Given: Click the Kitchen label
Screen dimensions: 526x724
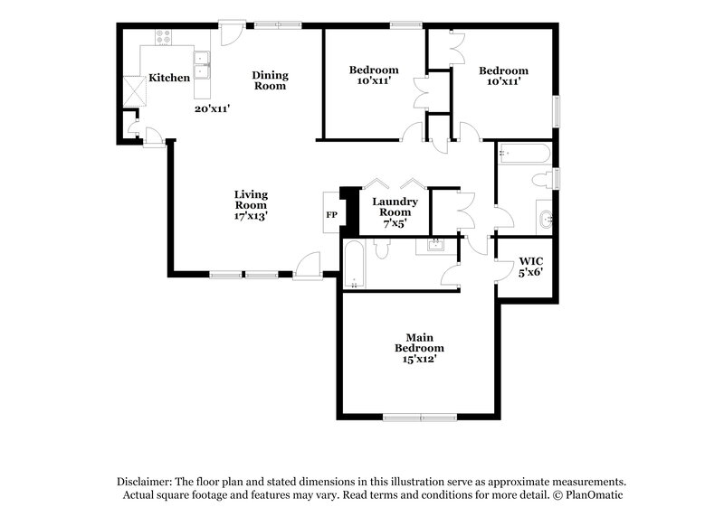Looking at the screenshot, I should pos(169,78).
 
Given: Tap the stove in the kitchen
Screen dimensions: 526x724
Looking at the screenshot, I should pos(164,38).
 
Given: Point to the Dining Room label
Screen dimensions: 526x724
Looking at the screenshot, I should pos(269,80).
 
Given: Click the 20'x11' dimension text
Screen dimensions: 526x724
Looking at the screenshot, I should pos(212,108).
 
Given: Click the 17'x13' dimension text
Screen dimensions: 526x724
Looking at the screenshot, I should pos(251,216).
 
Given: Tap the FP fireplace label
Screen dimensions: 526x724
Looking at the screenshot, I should pos(332,215).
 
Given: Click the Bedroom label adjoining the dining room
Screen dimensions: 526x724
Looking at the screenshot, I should pos(374,70).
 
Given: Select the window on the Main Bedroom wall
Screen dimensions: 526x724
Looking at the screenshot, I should pos(419,417).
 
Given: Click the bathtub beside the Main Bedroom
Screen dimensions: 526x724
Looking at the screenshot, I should pos(353,265).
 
